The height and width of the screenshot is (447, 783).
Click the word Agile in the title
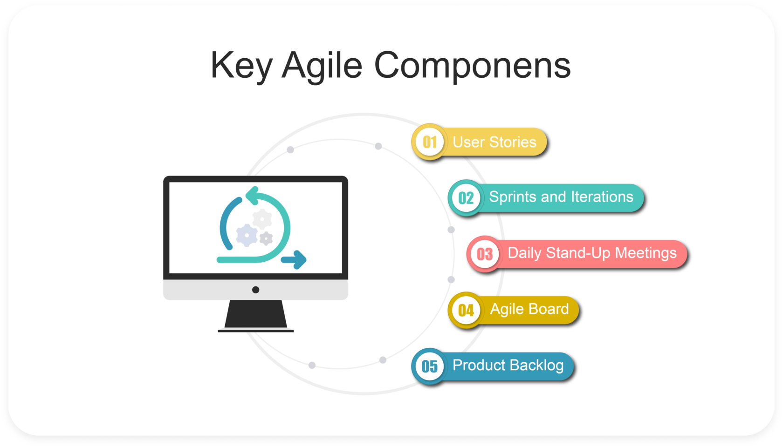click(322, 65)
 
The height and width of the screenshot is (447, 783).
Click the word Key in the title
click(241, 65)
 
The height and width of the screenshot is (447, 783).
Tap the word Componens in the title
click(472, 65)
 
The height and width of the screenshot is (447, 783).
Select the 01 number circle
click(429, 142)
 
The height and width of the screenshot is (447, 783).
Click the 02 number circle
click(466, 198)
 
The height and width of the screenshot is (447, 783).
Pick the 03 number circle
click(484, 254)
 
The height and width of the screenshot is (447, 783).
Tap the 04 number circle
click(466, 311)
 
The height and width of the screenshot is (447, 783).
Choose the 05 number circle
click(429, 366)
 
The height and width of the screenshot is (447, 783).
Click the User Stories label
click(494, 142)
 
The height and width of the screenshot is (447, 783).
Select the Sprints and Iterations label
click(561, 197)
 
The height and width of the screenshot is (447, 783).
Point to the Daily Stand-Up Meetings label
click(592, 253)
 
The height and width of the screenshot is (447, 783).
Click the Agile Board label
click(529, 309)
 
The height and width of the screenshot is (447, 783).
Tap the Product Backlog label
click(508, 366)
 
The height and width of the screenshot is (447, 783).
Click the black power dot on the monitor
click(255, 290)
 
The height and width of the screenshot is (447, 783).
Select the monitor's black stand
click(255, 315)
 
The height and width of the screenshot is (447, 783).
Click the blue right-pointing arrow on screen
click(295, 260)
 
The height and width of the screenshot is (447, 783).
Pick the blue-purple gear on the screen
click(247, 235)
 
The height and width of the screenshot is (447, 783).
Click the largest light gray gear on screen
click(262, 219)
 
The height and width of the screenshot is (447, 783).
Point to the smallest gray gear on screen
click(266, 239)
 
